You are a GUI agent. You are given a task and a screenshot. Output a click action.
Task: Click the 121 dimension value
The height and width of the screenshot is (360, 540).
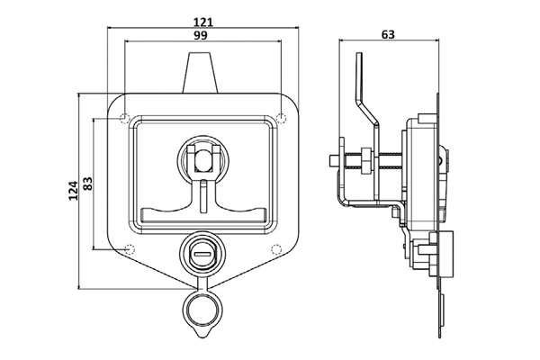coord(203,22)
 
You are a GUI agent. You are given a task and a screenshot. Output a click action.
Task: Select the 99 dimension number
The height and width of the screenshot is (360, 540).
coord(200,35)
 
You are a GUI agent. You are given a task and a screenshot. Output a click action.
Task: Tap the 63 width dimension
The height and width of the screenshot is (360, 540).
coord(388,34)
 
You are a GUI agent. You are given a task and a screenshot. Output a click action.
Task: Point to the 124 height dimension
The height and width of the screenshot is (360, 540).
coord(73,191)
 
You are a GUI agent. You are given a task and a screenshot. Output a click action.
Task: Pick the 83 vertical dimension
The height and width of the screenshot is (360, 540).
coord(88,184)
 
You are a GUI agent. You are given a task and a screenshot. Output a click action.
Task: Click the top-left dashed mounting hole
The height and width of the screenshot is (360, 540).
coord(124,118)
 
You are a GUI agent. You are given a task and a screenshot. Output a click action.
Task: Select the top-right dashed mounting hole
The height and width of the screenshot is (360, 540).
coord(282,118)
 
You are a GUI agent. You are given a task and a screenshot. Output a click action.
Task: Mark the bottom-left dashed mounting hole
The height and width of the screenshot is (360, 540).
coord(129,248)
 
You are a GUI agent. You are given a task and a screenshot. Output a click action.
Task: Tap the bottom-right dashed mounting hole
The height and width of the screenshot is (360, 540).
coord(276,248)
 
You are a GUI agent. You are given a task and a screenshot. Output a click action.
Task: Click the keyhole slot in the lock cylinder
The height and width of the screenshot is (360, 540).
coord(203,255)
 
